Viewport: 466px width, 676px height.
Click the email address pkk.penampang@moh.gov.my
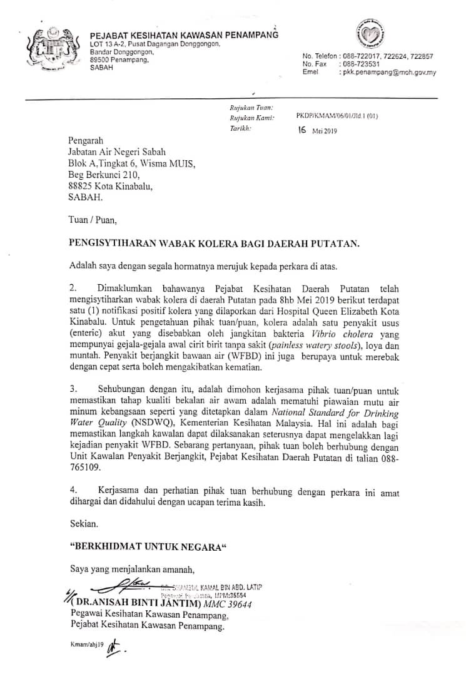coord(388,73)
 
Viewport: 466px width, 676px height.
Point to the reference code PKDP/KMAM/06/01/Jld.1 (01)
coord(337,116)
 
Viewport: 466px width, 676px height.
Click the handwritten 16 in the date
coord(303,131)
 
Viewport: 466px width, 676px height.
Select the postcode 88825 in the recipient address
coord(82,186)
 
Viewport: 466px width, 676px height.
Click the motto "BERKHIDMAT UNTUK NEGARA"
coord(148,546)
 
